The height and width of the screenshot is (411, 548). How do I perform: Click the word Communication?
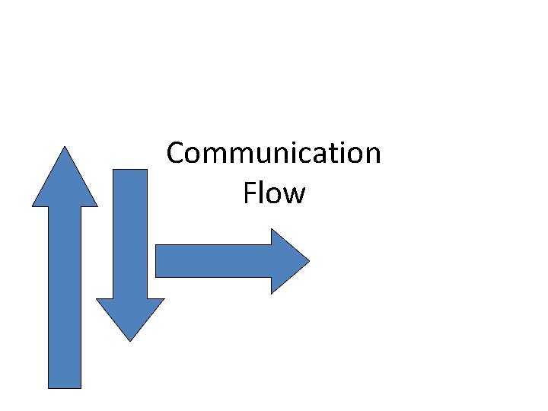point(273,154)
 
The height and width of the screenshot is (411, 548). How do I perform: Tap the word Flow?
point(274,193)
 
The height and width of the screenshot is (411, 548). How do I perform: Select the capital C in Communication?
point(176,154)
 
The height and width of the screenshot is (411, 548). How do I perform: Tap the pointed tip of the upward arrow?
point(65,148)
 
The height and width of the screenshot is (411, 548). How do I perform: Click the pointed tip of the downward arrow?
point(130,339)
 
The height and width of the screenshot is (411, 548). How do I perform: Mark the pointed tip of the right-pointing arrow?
point(307,261)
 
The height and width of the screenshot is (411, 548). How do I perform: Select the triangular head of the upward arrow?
point(65,183)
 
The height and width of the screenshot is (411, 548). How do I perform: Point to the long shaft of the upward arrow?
point(65,297)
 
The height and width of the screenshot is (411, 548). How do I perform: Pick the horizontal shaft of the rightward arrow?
point(213,261)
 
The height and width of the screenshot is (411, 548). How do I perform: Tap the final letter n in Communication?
point(371,155)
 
